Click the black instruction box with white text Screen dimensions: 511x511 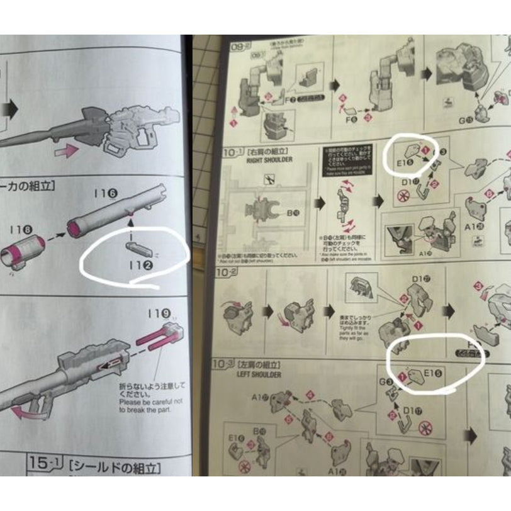(x=340, y=162)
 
